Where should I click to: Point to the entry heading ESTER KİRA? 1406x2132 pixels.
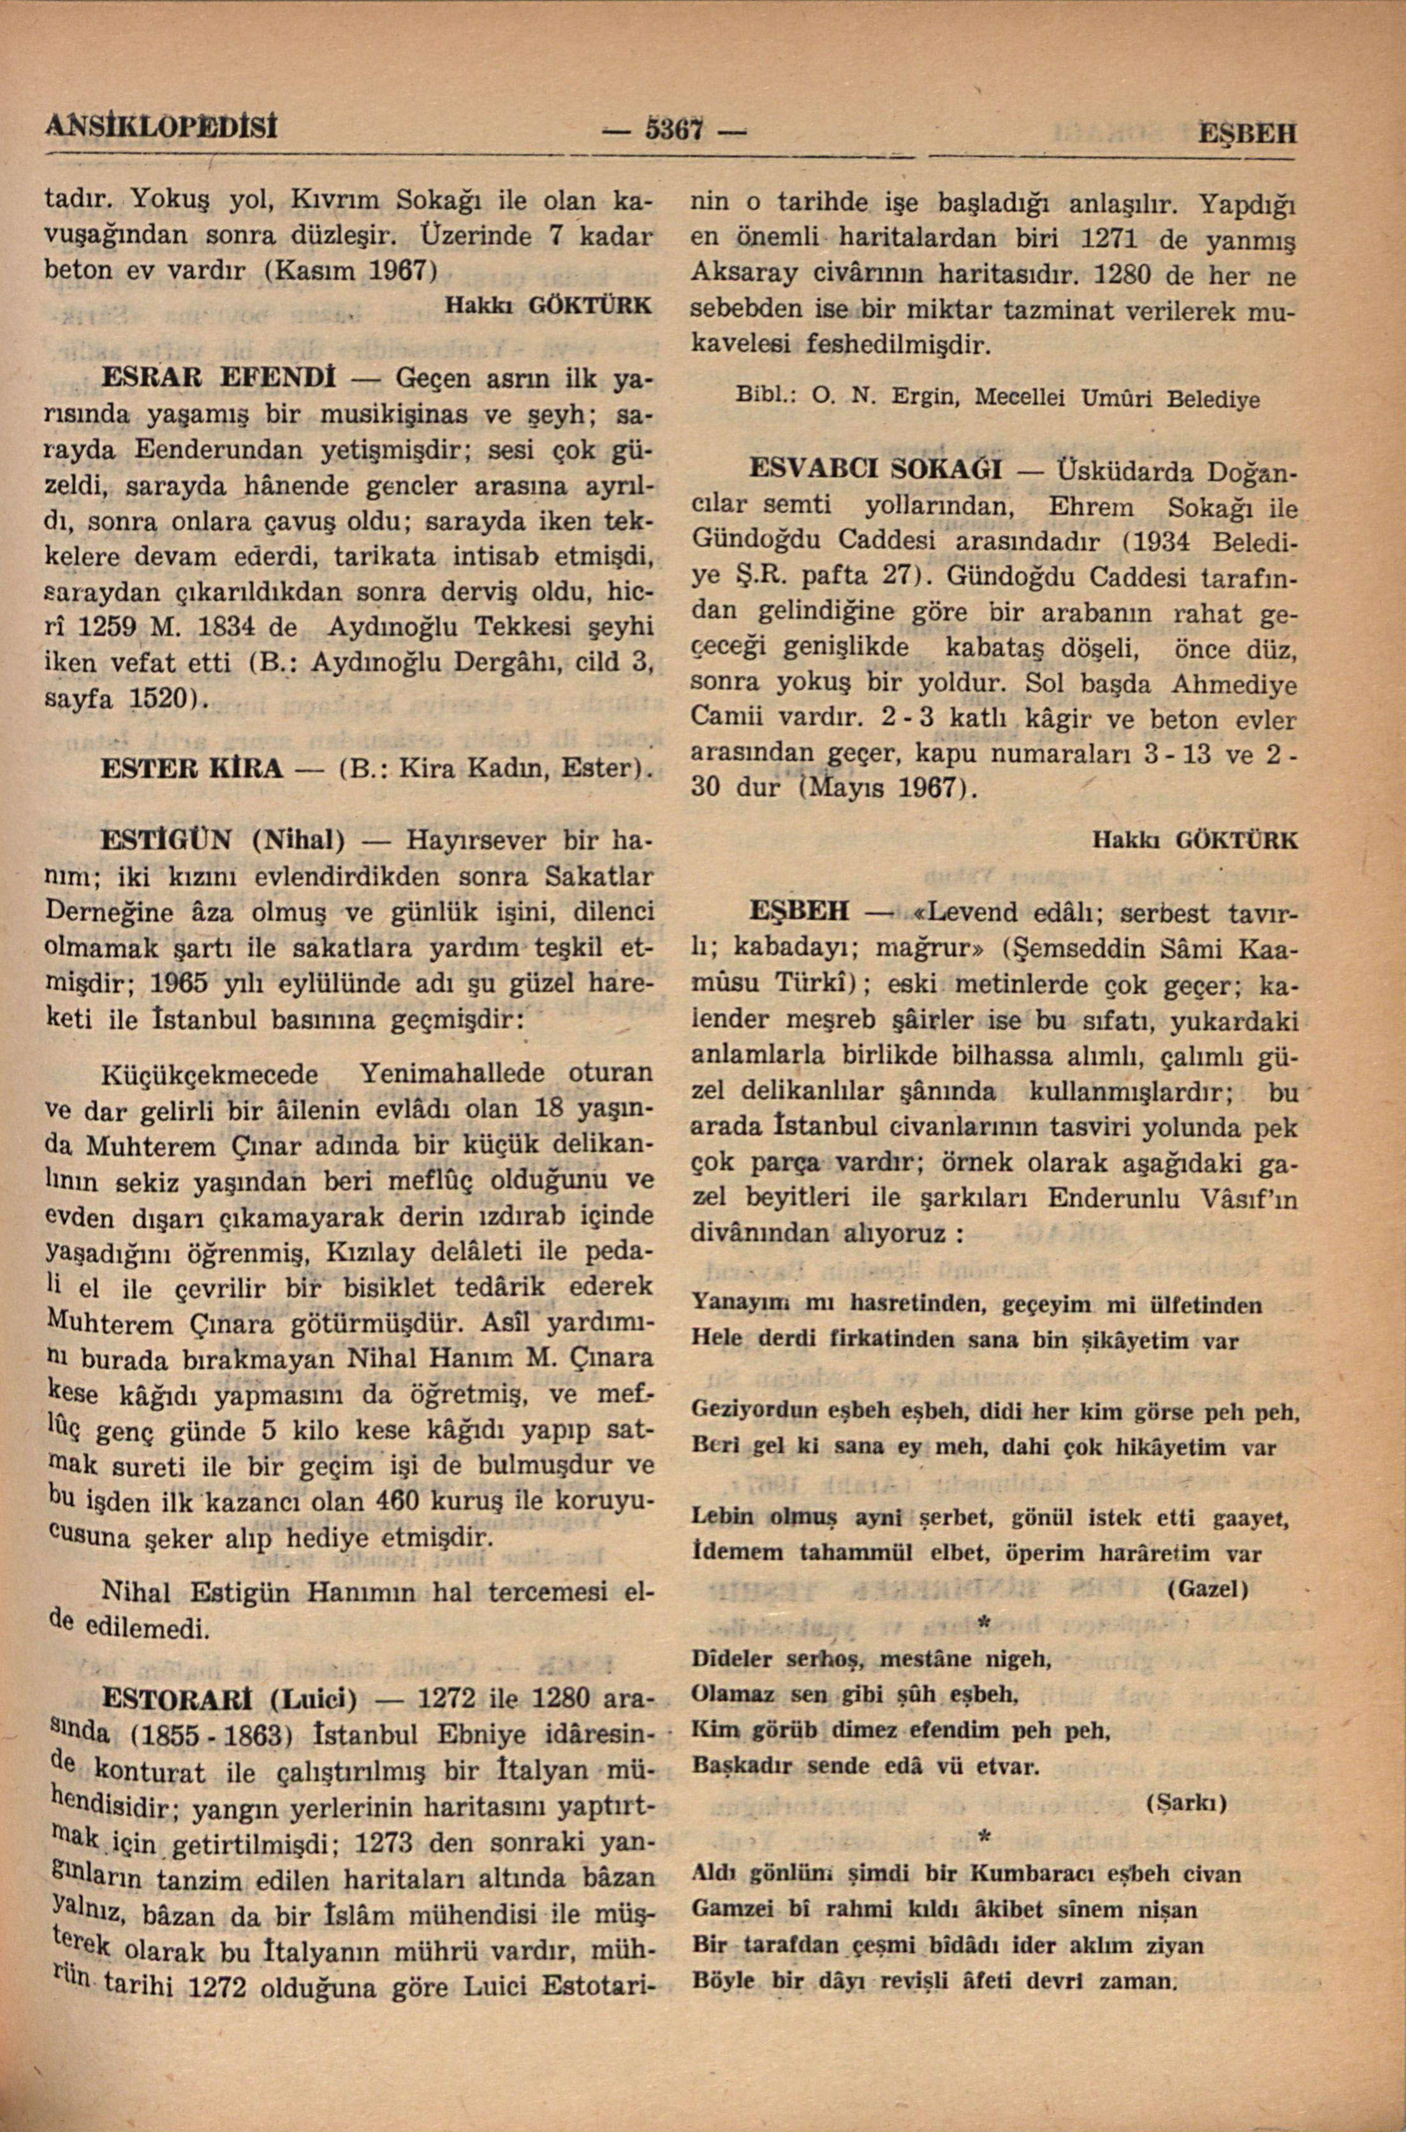(194, 768)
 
